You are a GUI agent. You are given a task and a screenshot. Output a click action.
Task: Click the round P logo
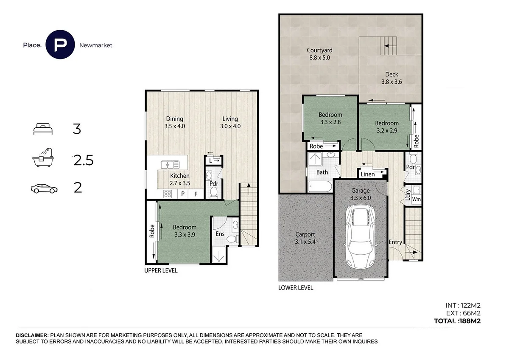(x=60, y=45)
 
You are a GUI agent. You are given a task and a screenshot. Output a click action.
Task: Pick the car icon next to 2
(x=44, y=188)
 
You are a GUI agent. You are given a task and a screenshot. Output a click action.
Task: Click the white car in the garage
(x=360, y=240)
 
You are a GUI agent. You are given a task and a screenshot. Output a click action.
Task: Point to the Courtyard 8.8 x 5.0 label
(x=319, y=53)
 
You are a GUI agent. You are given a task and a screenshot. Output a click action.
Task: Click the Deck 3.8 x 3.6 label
(x=392, y=79)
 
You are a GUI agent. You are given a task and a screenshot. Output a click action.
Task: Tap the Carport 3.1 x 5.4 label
(x=305, y=238)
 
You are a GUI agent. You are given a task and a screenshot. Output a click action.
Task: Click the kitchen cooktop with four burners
(x=168, y=194)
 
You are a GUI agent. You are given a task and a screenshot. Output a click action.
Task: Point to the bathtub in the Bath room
(x=321, y=186)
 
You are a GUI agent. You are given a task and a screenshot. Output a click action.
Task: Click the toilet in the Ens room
(x=231, y=239)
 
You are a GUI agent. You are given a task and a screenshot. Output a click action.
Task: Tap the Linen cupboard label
(x=367, y=174)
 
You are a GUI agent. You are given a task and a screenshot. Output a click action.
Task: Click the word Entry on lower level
(x=395, y=242)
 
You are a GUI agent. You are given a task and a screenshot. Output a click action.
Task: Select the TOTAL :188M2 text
(x=457, y=321)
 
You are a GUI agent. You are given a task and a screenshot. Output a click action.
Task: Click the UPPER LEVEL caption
(x=161, y=270)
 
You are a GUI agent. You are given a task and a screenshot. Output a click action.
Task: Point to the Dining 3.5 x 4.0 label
(x=174, y=122)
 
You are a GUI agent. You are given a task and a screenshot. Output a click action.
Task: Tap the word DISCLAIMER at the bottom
(x=32, y=335)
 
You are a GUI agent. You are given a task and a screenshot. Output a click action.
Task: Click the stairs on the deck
(x=389, y=45)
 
